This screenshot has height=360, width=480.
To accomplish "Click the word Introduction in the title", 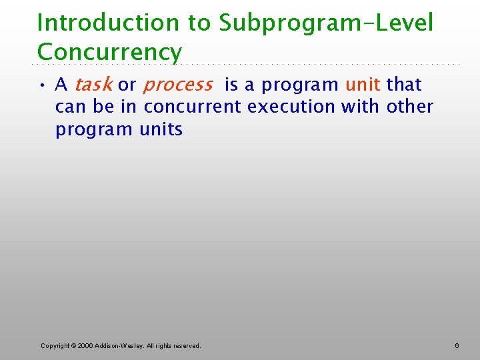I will point(108,23).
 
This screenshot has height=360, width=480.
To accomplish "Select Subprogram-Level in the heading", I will point(326,23).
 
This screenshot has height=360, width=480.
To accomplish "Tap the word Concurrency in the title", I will point(109,52).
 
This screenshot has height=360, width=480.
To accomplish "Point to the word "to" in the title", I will point(198,23).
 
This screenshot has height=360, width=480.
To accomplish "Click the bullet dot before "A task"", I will point(42,85).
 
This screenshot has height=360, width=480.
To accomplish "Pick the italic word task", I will point(93,85).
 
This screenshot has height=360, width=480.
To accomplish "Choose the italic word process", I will point(177,85).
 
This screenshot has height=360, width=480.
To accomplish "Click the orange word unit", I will point(363,85).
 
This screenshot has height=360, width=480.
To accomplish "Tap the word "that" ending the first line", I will point(404,85).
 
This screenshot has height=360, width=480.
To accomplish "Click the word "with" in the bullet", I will point(361,107).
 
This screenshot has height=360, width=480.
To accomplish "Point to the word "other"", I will point(410,107).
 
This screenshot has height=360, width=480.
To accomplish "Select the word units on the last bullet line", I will point(161,129).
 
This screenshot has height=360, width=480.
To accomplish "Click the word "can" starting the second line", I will point(71,107).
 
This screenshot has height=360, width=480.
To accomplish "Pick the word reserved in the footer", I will point(186,345).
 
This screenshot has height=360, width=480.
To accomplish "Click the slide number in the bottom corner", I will point(457,345).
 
